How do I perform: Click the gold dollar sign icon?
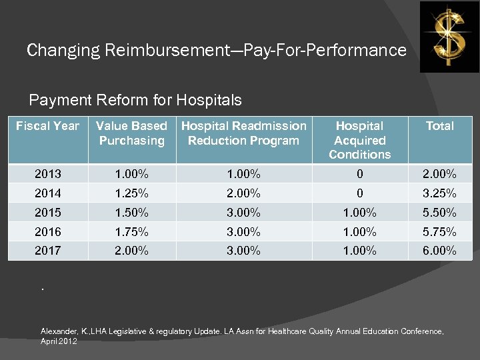449,37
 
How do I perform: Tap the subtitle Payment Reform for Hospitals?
135,101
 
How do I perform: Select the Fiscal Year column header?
47,126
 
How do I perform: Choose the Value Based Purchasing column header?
131,133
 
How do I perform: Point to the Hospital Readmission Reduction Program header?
244,133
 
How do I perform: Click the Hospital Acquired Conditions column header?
359,140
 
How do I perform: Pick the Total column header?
439,126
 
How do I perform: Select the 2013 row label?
47,174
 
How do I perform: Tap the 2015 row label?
47,213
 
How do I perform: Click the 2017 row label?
47,251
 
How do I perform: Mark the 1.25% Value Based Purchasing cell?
131,193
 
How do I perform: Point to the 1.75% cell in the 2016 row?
131,232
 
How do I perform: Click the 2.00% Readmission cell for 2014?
243,193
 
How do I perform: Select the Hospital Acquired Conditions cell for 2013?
359,174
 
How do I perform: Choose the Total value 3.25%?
439,193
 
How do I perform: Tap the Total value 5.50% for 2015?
439,213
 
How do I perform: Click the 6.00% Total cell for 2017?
439,251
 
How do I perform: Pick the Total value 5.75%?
439,232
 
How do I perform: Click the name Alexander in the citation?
59,331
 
